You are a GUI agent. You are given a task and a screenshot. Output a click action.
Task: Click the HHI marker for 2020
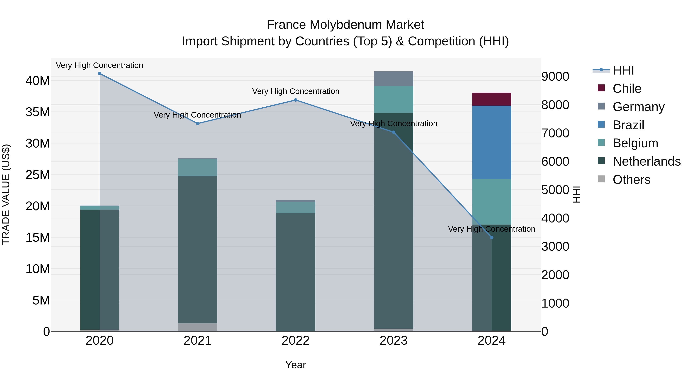[x=99, y=74]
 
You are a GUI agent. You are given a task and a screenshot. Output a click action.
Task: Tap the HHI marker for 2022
[x=296, y=100]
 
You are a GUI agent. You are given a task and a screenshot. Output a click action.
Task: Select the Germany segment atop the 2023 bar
[x=393, y=79]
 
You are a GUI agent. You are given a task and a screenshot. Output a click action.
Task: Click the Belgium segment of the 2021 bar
[x=198, y=168]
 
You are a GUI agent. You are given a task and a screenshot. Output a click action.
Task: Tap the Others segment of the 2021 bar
[x=198, y=327]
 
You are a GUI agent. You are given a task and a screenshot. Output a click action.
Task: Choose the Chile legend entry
[x=627, y=89]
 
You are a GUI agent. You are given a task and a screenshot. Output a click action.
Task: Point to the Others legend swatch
[x=601, y=179]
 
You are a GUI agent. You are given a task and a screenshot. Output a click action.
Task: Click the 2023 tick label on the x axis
[x=393, y=341]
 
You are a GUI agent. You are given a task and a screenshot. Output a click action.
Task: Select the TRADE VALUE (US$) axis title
[x=6, y=194]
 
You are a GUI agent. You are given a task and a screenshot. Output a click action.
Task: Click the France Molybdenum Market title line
[x=345, y=25]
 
